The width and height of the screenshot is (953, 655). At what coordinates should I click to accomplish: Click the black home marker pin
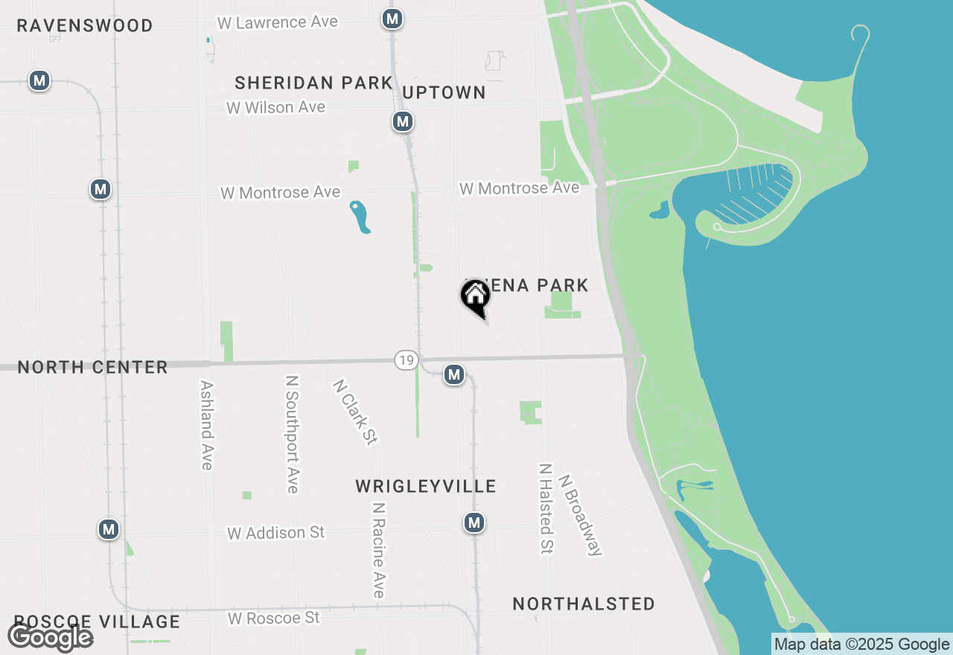[x=475, y=297]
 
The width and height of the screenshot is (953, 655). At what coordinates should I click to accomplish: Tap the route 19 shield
[x=405, y=361]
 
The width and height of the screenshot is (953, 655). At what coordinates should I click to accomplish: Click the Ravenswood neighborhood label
[x=85, y=25]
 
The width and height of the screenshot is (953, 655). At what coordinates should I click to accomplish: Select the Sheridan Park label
[x=313, y=83]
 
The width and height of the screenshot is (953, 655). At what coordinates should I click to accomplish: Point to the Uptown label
[x=444, y=92]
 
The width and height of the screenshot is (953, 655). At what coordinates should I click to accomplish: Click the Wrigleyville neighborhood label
[x=425, y=487]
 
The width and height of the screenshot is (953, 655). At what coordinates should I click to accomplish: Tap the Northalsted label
[x=584, y=604]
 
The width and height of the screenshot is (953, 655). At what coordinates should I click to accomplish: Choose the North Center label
[x=92, y=367]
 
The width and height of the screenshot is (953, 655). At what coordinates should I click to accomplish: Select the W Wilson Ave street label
[x=275, y=108]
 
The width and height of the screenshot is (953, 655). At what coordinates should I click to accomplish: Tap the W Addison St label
[x=276, y=533]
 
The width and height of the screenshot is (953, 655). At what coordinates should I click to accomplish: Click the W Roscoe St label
[x=273, y=619]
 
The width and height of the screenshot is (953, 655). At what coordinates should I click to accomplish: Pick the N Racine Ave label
[x=379, y=550]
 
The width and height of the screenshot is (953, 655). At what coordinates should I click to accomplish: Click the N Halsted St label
[x=546, y=509]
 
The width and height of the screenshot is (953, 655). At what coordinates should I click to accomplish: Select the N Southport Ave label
[x=292, y=434]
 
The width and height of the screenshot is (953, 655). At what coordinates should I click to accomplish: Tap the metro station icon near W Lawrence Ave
[x=392, y=19]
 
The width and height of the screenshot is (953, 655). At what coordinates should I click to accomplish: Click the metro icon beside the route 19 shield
[x=454, y=375]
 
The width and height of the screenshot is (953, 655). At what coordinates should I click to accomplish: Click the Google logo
[x=50, y=637]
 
